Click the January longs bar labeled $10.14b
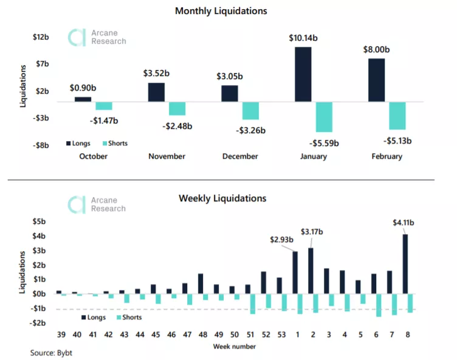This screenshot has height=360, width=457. click(x=303, y=74)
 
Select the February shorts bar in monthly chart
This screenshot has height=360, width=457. click(x=397, y=116)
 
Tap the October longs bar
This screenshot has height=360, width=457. click(x=83, y=99)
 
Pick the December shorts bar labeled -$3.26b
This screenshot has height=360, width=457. click(x=250, y=111)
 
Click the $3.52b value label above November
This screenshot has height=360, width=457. click(x=156, y=73)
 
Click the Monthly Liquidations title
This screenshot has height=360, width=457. click(x=221, y=11)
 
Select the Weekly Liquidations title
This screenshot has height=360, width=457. click(x=222, y=198)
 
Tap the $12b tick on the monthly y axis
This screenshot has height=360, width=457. click(x=41, y=37)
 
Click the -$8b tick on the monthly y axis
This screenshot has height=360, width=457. click(x=41, y=145)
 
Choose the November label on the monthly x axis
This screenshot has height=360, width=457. click(x=167, y=156)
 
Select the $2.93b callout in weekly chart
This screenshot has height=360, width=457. click(x=282, y=240)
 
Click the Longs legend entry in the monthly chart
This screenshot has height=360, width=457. click(x=80, y=144)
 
